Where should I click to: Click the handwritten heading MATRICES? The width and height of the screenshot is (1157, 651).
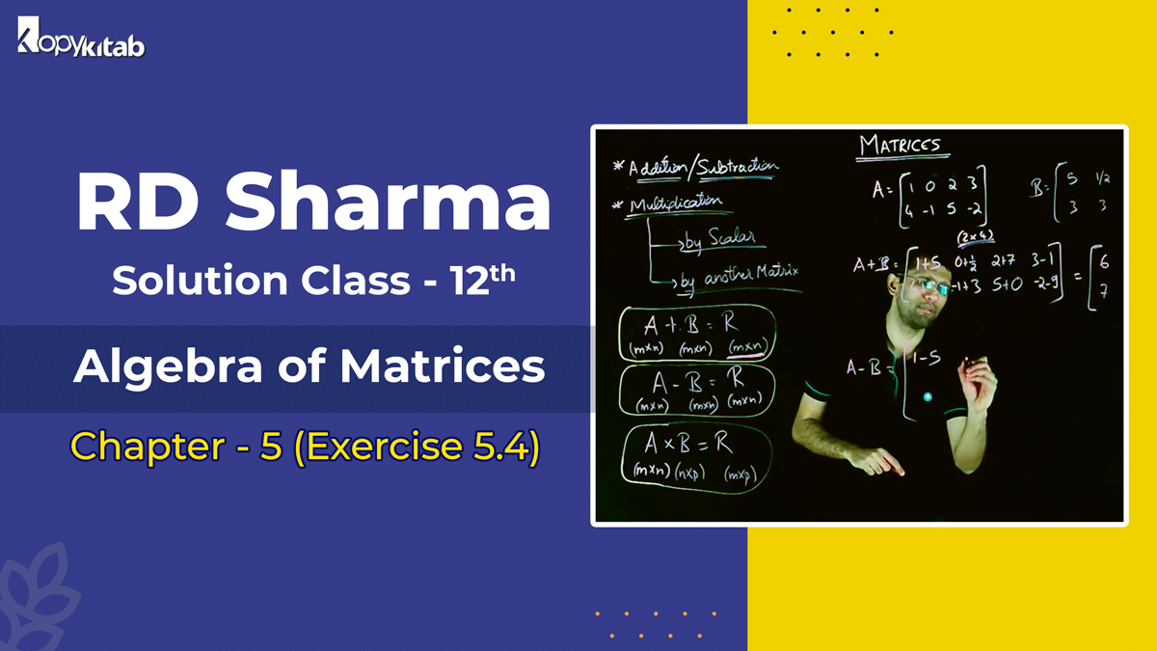tap(899, 146)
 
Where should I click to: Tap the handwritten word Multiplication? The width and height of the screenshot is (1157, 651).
tap(675, 203)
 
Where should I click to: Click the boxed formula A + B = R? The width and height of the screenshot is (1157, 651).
tap(696, 328)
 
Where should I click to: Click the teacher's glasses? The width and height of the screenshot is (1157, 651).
tap(920, 288)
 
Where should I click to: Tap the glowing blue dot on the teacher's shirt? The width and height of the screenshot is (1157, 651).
tap(927, 396)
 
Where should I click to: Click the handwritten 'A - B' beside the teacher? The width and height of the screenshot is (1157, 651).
tap(865, 366)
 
